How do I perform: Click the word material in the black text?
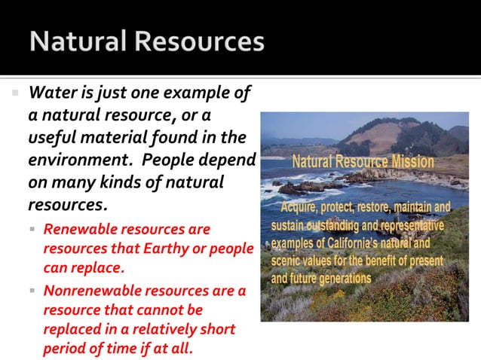[x=114, y=138]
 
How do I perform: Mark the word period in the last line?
[x=65, y=349]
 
